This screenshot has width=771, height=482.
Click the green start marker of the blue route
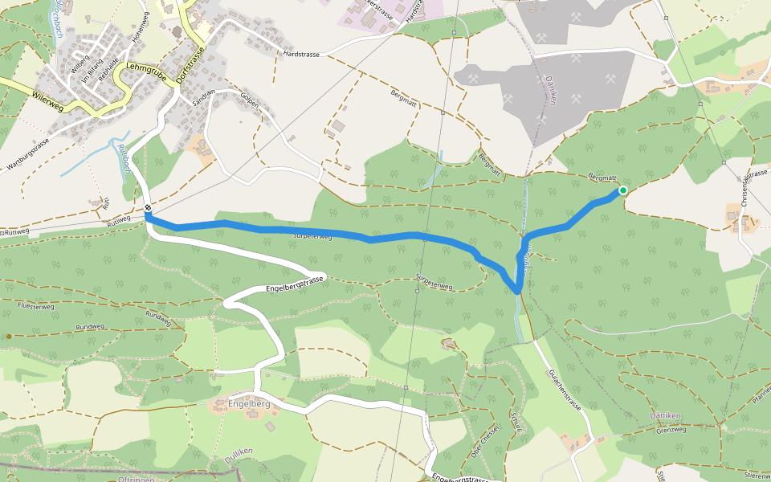tap(622, 190)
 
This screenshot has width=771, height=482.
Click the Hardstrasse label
tap(301, 55)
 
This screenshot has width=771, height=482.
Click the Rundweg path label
tap(90, 327)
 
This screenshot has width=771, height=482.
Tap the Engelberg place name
tap(249, 403)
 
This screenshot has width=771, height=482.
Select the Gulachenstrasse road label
tap(565, 390)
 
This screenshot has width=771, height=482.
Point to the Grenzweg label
tap(671, 430)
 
